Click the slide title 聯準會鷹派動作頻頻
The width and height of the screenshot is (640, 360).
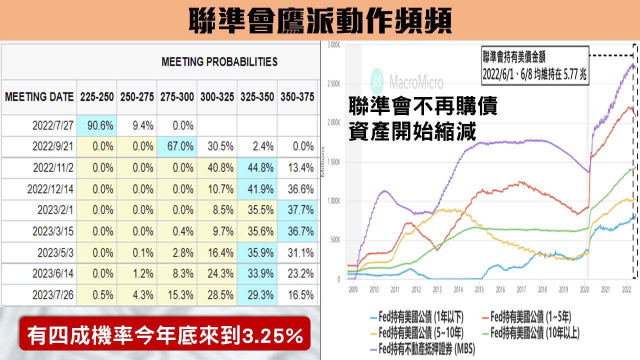(320, 20)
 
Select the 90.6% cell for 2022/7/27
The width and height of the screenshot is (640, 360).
(97, 126)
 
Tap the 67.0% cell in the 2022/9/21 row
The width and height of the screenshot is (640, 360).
(177, 146)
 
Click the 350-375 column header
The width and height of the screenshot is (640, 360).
(297, 96)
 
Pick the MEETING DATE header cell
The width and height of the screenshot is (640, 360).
(39, 96)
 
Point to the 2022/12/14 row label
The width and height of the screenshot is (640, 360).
(53, 189)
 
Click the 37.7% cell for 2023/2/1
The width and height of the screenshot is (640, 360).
(297, 210)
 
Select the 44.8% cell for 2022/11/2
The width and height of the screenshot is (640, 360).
(257, 168)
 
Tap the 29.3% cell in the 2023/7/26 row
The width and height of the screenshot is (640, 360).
(257, 294)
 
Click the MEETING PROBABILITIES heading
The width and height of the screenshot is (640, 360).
(219, 62)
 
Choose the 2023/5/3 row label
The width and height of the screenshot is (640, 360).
(53, 252)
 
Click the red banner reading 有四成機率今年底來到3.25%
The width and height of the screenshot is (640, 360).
(165, 334)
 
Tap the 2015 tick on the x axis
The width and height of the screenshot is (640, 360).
(478, 289)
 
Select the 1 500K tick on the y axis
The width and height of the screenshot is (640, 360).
(333, 162)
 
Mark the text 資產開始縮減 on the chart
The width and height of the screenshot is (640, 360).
(412, 132)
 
